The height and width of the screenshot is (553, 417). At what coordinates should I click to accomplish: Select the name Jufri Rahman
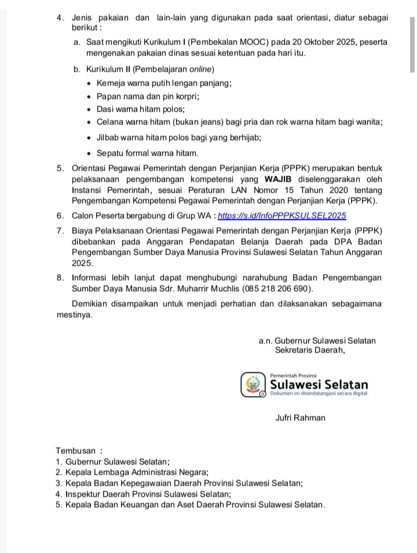pos(300,418)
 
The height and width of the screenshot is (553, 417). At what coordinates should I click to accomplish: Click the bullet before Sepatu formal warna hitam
pos(89,153)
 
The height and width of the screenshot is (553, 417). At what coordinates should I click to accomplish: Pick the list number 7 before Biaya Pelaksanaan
pos(60,230)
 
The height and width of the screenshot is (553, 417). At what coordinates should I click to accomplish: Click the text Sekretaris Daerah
pos(310,350)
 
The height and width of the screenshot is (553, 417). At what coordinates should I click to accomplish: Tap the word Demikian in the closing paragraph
pos(89,304)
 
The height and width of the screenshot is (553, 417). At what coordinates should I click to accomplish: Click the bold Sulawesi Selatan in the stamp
pos(319,384)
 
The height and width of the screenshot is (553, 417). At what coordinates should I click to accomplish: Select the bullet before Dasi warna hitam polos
pos(89,109)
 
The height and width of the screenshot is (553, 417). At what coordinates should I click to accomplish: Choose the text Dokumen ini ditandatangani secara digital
pos(319,394)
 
